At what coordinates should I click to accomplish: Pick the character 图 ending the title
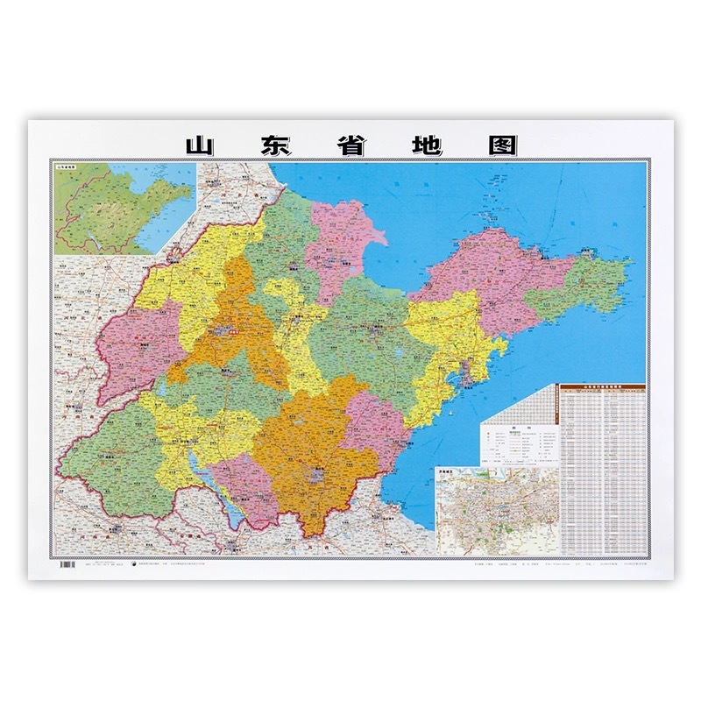coord(501,145)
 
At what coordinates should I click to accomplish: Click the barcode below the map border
coord(66,565)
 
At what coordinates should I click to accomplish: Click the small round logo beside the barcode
coord(133,565)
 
